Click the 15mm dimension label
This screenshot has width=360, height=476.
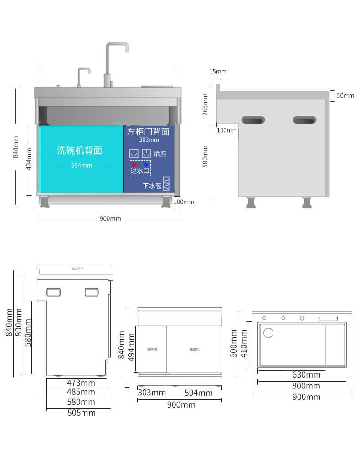coord(218,72)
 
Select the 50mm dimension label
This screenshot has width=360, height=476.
coord(345,96)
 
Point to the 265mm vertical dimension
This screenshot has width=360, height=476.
coord(205,104)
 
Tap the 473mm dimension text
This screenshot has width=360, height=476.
coord(81,382)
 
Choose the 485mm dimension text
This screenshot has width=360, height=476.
coord(81,392)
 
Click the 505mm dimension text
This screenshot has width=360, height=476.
coord(81,413)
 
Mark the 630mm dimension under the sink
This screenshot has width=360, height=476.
coord(306,375)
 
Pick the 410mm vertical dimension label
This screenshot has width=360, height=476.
coord(244,343)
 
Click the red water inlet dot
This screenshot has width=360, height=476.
coord(134,164)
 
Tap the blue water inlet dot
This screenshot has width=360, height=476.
coord(146,164)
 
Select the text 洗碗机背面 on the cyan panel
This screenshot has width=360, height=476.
coord(79,150)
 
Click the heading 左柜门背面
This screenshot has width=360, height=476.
coord(148,132)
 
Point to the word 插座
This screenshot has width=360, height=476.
coord(160,154)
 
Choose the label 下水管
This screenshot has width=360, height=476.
coord(152,186)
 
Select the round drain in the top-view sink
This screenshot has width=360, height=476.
coord(268,333)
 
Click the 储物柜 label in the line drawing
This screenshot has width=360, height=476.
coord(152,349)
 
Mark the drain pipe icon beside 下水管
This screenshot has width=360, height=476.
coord(166,184)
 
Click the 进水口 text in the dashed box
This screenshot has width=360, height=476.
coord(139,171)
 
